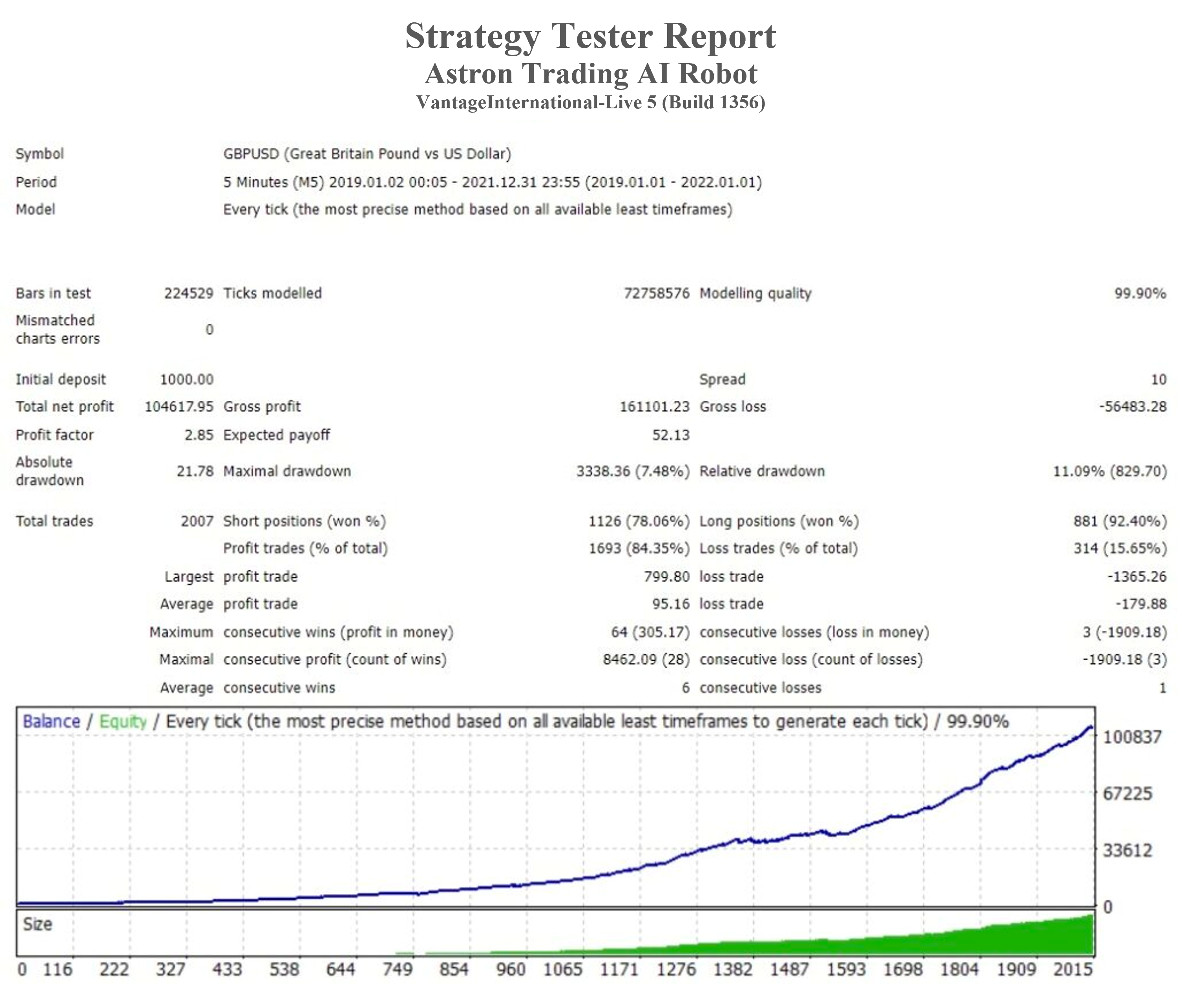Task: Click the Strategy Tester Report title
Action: pos(590,36)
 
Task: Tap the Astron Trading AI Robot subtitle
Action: pos(591,73)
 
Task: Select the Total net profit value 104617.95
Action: pos(179,407)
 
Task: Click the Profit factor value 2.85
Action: pos(199,435)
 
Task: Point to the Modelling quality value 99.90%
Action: pos(1139,293)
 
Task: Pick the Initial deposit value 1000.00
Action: pos(187,380)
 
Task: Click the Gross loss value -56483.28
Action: pos(1132,407)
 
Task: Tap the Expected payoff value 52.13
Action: pos(670,435)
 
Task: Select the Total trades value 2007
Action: pos(197,521)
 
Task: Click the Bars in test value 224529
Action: pos(188,293)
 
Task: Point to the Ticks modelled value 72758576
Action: pos(656,293)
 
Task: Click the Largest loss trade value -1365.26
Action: pos(1137,576)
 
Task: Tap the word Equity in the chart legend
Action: pos(123,721)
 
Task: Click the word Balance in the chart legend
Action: pos(51,721)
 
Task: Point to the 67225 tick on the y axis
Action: pos(1127,793)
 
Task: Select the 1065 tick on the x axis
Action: pos(563,969)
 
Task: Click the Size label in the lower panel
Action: pos(38,924)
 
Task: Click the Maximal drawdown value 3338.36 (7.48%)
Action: pos(633,471)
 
